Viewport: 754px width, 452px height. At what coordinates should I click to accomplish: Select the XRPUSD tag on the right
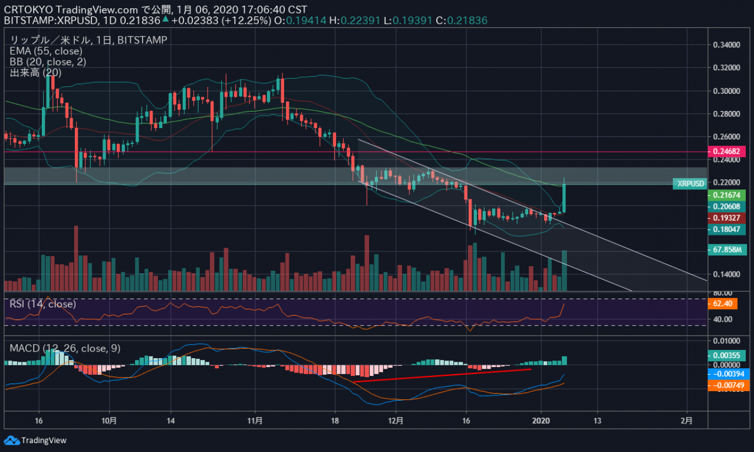690,184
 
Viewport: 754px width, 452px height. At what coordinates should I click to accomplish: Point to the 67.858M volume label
727,250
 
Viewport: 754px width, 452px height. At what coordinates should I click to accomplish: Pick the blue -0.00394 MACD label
727,374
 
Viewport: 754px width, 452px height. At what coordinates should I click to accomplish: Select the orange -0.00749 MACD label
727,385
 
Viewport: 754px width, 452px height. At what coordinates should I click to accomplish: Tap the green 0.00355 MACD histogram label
727,355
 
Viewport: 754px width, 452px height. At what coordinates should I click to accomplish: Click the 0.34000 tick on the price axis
726,45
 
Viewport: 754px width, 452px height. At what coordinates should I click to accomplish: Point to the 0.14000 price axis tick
726,274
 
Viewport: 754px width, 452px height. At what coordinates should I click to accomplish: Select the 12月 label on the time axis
396,421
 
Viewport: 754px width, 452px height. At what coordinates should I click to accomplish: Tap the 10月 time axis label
109,421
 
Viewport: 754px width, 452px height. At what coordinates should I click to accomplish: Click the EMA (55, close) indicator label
45,51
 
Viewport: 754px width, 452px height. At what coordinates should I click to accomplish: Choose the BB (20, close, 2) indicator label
48,62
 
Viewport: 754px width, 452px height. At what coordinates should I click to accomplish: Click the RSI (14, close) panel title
42,304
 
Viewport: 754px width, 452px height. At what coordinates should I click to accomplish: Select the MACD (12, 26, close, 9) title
65,348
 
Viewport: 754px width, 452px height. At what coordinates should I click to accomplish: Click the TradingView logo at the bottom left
35,440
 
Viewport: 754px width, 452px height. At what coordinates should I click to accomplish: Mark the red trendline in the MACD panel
442,375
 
